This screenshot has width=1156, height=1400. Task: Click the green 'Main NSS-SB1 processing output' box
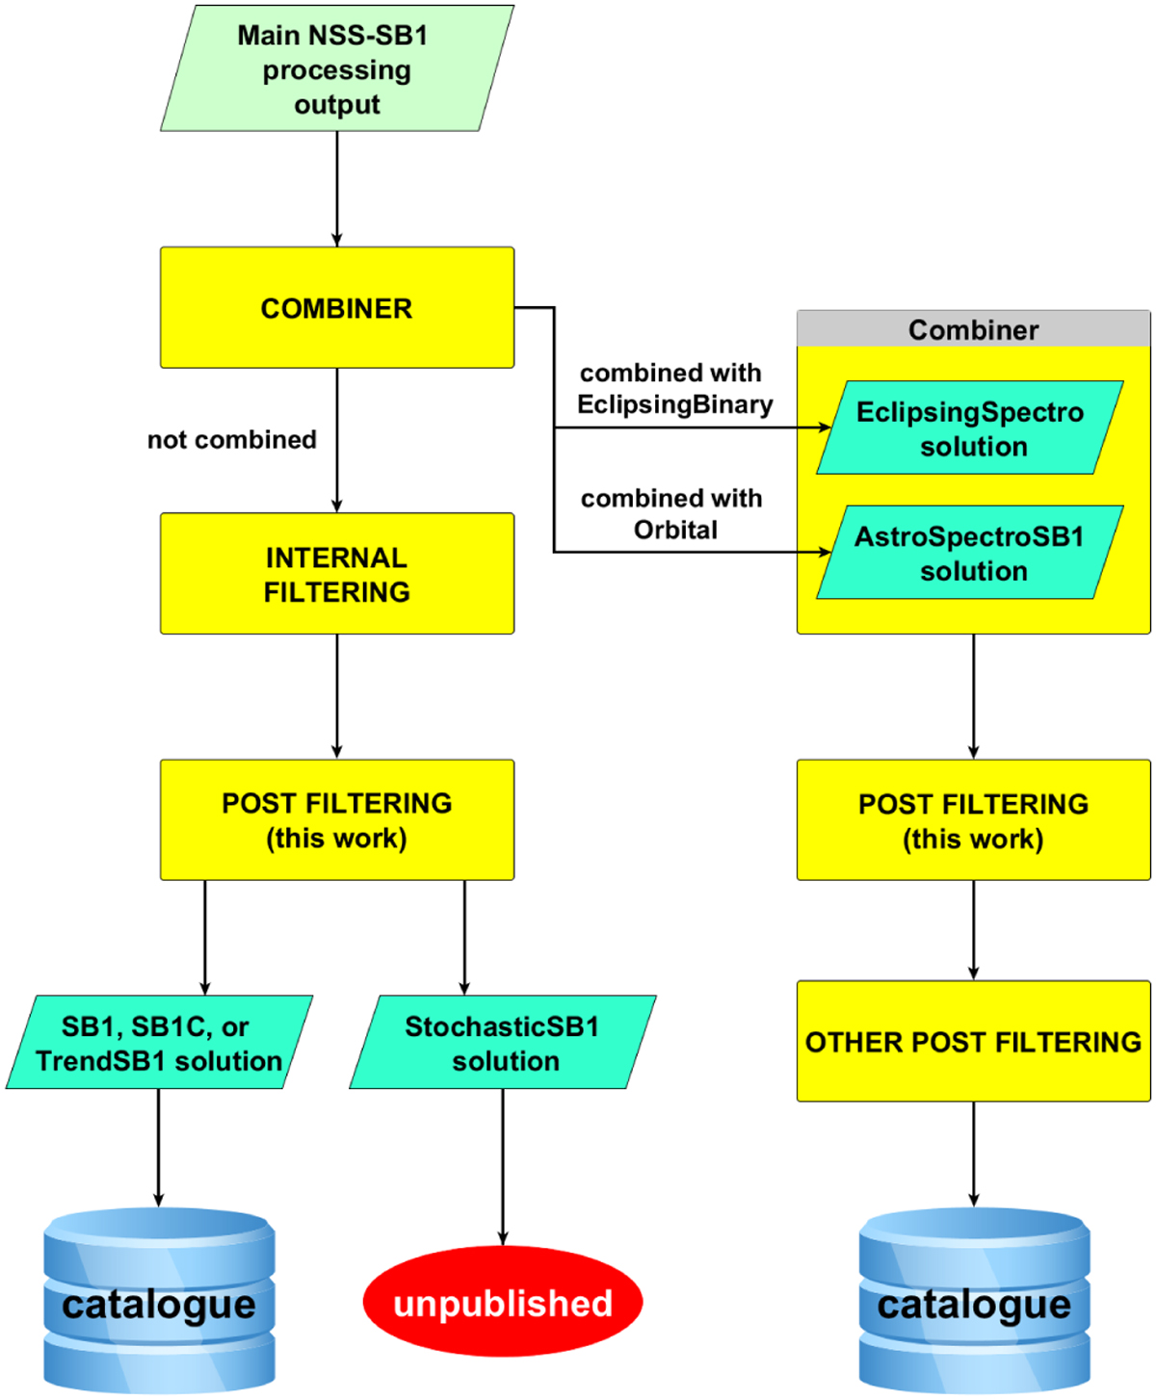337,69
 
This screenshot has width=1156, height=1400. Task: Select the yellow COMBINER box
337,308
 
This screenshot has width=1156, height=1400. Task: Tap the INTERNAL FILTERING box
337,574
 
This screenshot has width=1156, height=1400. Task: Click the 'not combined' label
231,440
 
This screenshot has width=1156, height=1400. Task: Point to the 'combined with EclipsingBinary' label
673,389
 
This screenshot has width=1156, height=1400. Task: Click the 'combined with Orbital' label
673,514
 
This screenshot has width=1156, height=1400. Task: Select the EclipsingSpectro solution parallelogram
971,428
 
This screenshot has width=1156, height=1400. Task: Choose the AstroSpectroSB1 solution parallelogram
971,553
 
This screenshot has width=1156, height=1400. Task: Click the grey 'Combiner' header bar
973,329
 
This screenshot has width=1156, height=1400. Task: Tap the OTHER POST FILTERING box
973,1042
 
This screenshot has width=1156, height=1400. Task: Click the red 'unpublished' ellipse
503,1303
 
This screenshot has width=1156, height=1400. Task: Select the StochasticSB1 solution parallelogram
503,1043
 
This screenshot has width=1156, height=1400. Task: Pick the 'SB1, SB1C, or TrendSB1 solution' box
160,1043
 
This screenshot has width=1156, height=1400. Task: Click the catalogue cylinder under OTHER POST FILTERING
974,1302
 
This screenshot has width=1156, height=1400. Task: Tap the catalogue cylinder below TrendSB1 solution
160,1302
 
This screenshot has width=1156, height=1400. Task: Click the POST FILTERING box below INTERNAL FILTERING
337,820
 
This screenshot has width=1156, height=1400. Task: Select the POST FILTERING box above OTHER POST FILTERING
973,820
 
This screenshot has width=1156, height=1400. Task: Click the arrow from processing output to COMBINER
337,189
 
